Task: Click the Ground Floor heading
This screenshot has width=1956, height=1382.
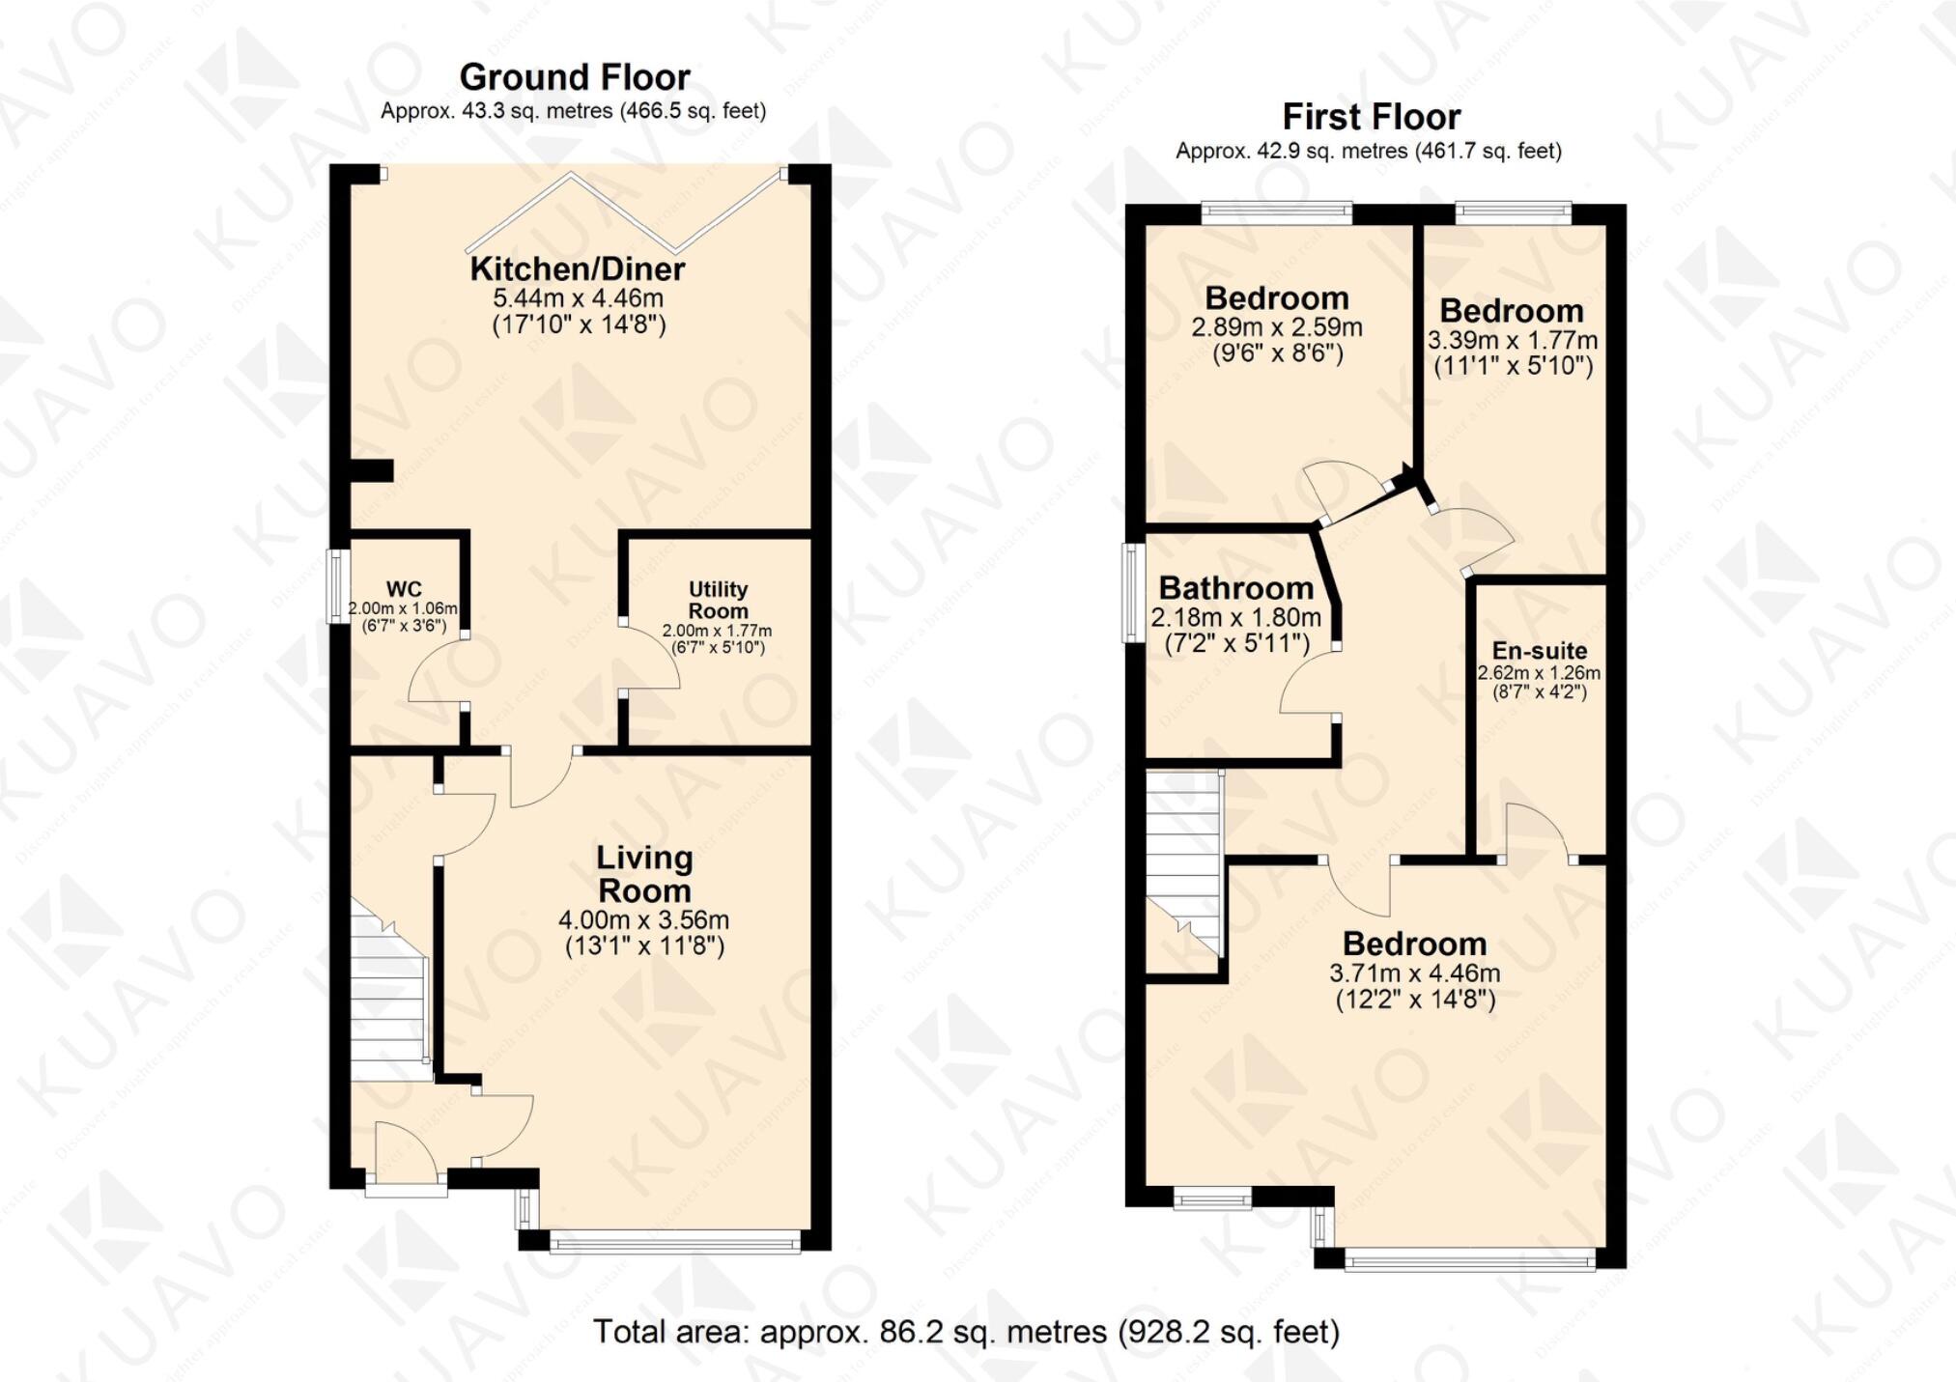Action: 575,77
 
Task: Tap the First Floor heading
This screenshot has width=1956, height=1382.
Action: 1371,117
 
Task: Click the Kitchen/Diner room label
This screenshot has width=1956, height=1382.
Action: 578,268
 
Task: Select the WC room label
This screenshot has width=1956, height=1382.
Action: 404,589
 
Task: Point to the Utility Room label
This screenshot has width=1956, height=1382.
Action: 718,600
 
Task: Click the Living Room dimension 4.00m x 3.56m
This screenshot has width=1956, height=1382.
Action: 643,920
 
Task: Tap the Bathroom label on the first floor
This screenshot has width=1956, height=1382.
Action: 1235,587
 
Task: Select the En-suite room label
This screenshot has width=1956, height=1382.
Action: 1539,650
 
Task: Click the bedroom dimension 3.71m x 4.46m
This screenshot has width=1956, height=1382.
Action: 1415,973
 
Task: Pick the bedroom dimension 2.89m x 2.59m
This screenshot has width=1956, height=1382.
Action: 1277,327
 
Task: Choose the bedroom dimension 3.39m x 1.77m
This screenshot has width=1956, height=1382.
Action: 1513,341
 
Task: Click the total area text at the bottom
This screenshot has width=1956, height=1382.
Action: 966,1332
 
